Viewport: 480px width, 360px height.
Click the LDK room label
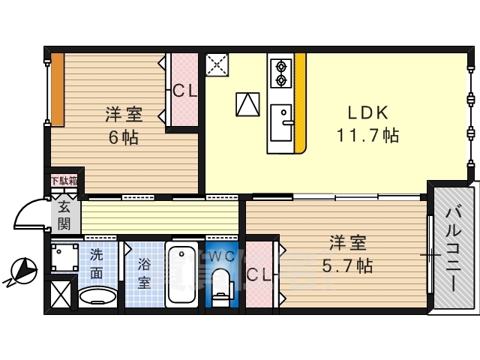pyautogui.click(x=368, y=112)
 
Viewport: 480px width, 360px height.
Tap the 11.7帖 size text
pyautogui.click(x=368, y=135)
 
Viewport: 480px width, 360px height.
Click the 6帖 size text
pyautogui.click(x=123, y=137)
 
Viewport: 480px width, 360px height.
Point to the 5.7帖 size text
pyautogui.click(x=347, y=265)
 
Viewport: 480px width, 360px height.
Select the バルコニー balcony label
pyautogui.click(x=451, y=250)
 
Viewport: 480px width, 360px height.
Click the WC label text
pyautogui.click(x=222, y=256)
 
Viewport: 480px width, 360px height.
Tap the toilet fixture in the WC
pyautogui.click(x=222, y=287)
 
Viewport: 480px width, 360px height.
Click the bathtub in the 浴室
pyautogui.click(x=181, y=274)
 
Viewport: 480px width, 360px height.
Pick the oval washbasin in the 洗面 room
pyautogui.click(x=97, y=297)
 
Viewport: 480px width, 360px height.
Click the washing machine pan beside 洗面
pyautogui.click(x=64, y=257)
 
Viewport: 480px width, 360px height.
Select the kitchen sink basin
pyautogui.click(x=281, y=123)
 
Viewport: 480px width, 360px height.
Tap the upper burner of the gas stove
pyautogui.click(x=280, y=66)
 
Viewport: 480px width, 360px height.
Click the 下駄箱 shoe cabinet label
pyautogui.click(x=64, y=181)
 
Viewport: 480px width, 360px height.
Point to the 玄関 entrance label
pyautogui.click(x=64, y=215)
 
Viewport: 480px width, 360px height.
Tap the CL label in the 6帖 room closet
pyautogui.click(x=184, y=91)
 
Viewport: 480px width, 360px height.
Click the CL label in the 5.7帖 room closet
pyautogui.click(x=259, y=275)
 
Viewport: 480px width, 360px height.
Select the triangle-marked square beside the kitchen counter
pyautogui.click(x=247, y=104)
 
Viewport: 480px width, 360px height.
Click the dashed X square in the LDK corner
pyautogui.click(x=217, y=64)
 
